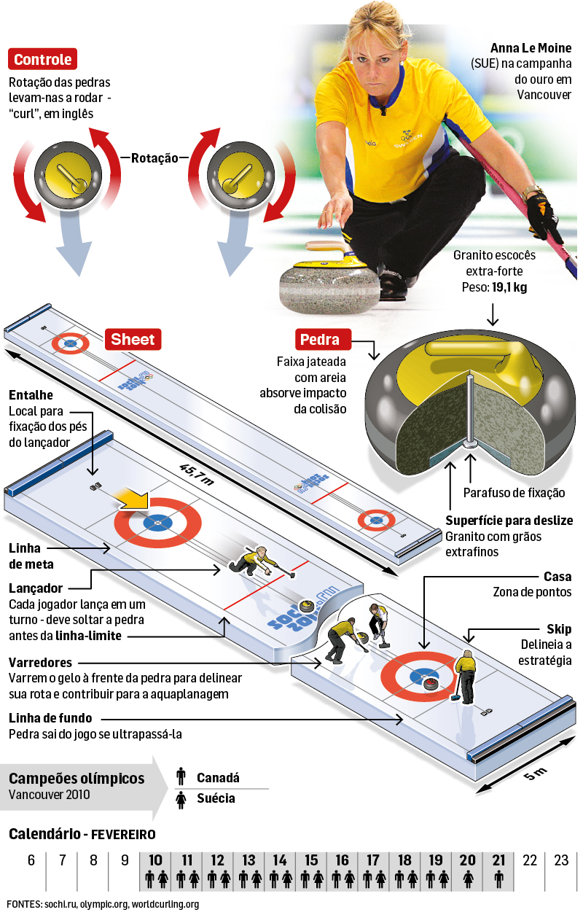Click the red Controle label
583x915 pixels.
click(43, 59)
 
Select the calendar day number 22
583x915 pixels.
click(530, 860)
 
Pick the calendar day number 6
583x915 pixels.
click(31, 860)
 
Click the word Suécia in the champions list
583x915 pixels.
click(216, 798)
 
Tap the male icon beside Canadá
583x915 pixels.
click(181, 777)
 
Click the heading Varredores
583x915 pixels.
click(40, 663)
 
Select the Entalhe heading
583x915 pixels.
click(31, 394)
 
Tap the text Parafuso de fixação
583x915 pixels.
click(514, 494)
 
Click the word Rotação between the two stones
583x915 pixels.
click(155, 157)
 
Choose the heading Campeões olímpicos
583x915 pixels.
click(77, 778)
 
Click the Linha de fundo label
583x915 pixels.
click(50, 718)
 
